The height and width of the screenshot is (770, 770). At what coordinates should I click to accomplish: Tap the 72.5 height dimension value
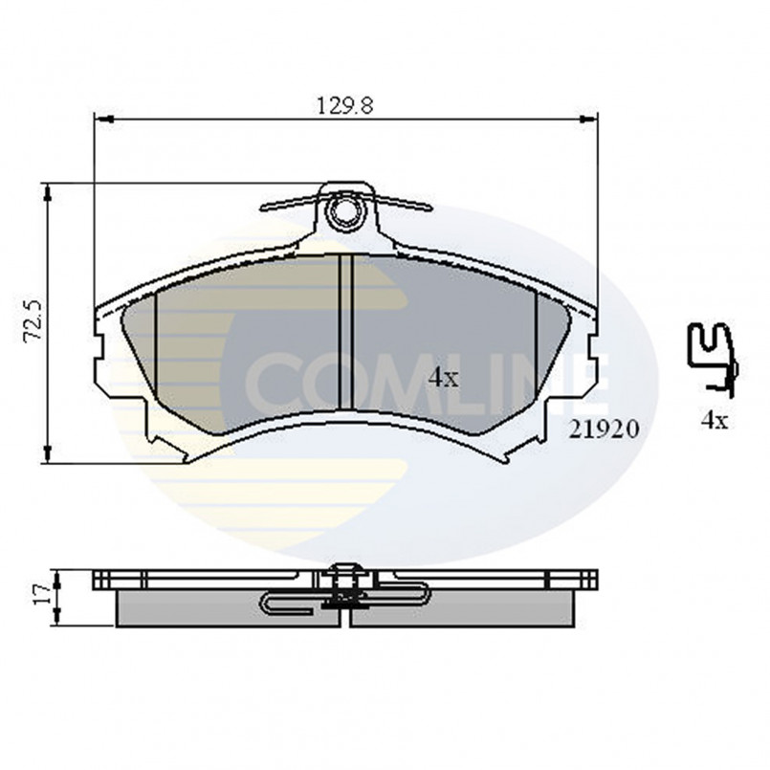(33, 321)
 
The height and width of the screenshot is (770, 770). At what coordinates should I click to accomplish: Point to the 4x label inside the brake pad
(443, 377)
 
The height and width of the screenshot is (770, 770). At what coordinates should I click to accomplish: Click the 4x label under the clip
(714, 419)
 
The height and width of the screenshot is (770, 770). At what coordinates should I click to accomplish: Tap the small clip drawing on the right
(713, 359)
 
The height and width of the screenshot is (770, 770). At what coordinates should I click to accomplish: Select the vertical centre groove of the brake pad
(346, 330)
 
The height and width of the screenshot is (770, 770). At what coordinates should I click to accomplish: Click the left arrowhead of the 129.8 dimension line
(101, 118)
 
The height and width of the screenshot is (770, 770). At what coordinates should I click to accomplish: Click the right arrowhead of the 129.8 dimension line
(590, 118)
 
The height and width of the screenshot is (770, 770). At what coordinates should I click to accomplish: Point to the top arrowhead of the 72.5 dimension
(47, 191)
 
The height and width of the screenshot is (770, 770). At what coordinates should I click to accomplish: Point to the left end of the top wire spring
(262, 207)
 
